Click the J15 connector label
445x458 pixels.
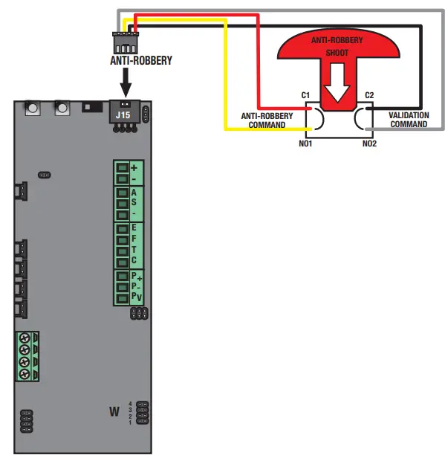123,115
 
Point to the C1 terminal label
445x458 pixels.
305,95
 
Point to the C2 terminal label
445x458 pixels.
369,95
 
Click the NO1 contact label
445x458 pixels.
305,143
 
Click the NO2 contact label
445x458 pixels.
369,143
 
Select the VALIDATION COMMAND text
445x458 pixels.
409,120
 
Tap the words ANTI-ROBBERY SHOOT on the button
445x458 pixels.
339,46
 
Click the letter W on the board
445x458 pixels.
114,410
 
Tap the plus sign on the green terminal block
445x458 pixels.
134,169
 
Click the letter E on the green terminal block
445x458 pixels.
134,228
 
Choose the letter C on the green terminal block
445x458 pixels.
134,260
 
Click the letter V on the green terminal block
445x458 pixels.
138,297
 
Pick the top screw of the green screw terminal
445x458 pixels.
25,338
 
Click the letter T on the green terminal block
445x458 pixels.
134,250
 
